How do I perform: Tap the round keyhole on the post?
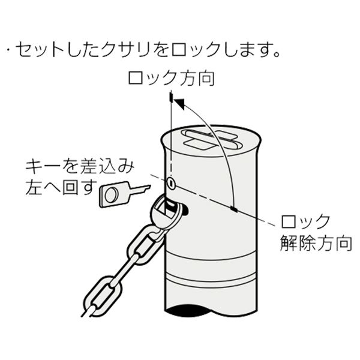click(x=171, y=183)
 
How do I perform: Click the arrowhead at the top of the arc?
click(x=179, y=104)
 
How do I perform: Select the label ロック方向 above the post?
click(x=171, y=79)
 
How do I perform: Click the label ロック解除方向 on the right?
click(x=316, y=232)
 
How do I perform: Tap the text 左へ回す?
click(x=60, y=187)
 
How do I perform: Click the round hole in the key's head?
click(x=111, y=195)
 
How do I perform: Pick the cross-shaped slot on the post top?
click(x=211, y=140)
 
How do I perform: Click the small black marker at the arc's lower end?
click(x=234, y=209)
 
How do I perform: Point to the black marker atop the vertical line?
click(x=170, y=97)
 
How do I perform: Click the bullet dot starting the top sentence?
click(x=9, y=51)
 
